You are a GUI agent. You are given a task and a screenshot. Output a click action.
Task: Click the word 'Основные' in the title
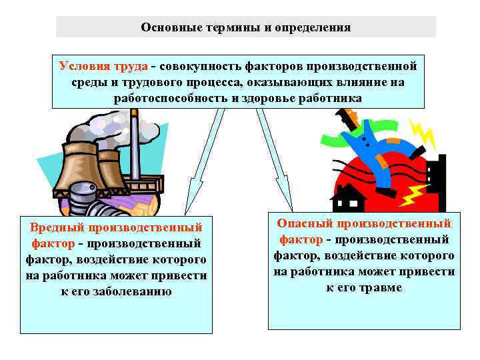[166, 27]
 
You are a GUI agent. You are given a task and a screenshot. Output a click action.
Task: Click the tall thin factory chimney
[135, 143]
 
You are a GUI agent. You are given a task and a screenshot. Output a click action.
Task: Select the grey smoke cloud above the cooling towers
[107, 127]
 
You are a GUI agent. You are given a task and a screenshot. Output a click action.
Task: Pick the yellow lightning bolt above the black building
[423, 133]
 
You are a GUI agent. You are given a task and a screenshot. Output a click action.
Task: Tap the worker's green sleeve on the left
[333, 139]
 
